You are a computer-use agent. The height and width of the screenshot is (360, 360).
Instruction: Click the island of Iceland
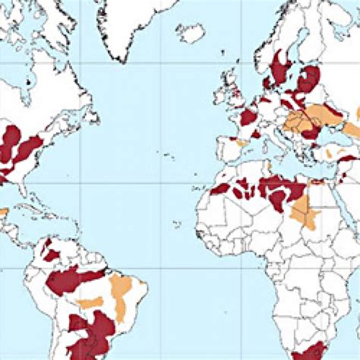pos(190,33)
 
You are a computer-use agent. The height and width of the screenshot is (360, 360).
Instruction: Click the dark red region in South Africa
pos(308,352)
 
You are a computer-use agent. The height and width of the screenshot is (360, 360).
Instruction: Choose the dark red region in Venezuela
pos(52,251)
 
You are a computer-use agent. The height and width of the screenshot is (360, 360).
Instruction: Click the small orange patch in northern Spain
pos(241,142)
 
